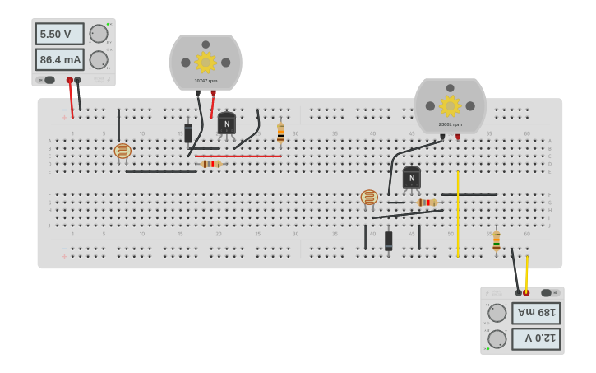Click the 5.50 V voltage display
[x=59, y=34]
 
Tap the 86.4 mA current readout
[x=59, y=60]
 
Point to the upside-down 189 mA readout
[x=536, y=313]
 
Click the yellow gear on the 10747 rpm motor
[x=206, y=63]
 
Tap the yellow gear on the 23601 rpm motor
[x=450, y=105]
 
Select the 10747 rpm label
[x=206, y=81]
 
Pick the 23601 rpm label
[x=450, y=124]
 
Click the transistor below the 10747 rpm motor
[x=226, y=124]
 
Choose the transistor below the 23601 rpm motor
[x=411, y=178]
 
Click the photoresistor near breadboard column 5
[x=122, y=151]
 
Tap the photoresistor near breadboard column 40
[x=369, y=198]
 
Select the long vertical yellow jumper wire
[x=458, y=214]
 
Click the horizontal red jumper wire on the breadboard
[x=238, y=156]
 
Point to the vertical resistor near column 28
[x=280, y=133]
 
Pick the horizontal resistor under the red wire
[x=211, y=164]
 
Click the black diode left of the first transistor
[x=188, y=133]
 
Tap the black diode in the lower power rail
[x=388, y=240]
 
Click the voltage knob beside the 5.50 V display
[x=99, y=34]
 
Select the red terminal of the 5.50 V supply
[x=70, y=81]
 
